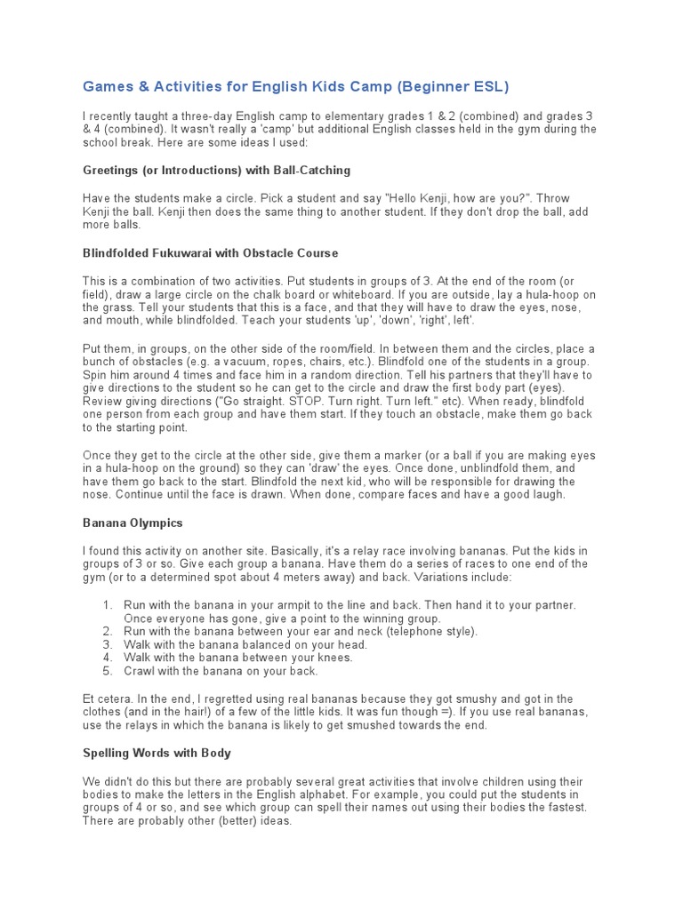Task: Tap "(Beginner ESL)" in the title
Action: (x=454, y=86)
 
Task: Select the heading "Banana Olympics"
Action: (x=133, y=523)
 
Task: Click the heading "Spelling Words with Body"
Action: (x=157, y=753)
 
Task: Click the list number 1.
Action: (x=107, y=605)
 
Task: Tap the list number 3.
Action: (x=107, y=644)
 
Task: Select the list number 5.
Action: (x=107, y=671)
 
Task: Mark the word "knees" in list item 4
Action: (x=333, y=658)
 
